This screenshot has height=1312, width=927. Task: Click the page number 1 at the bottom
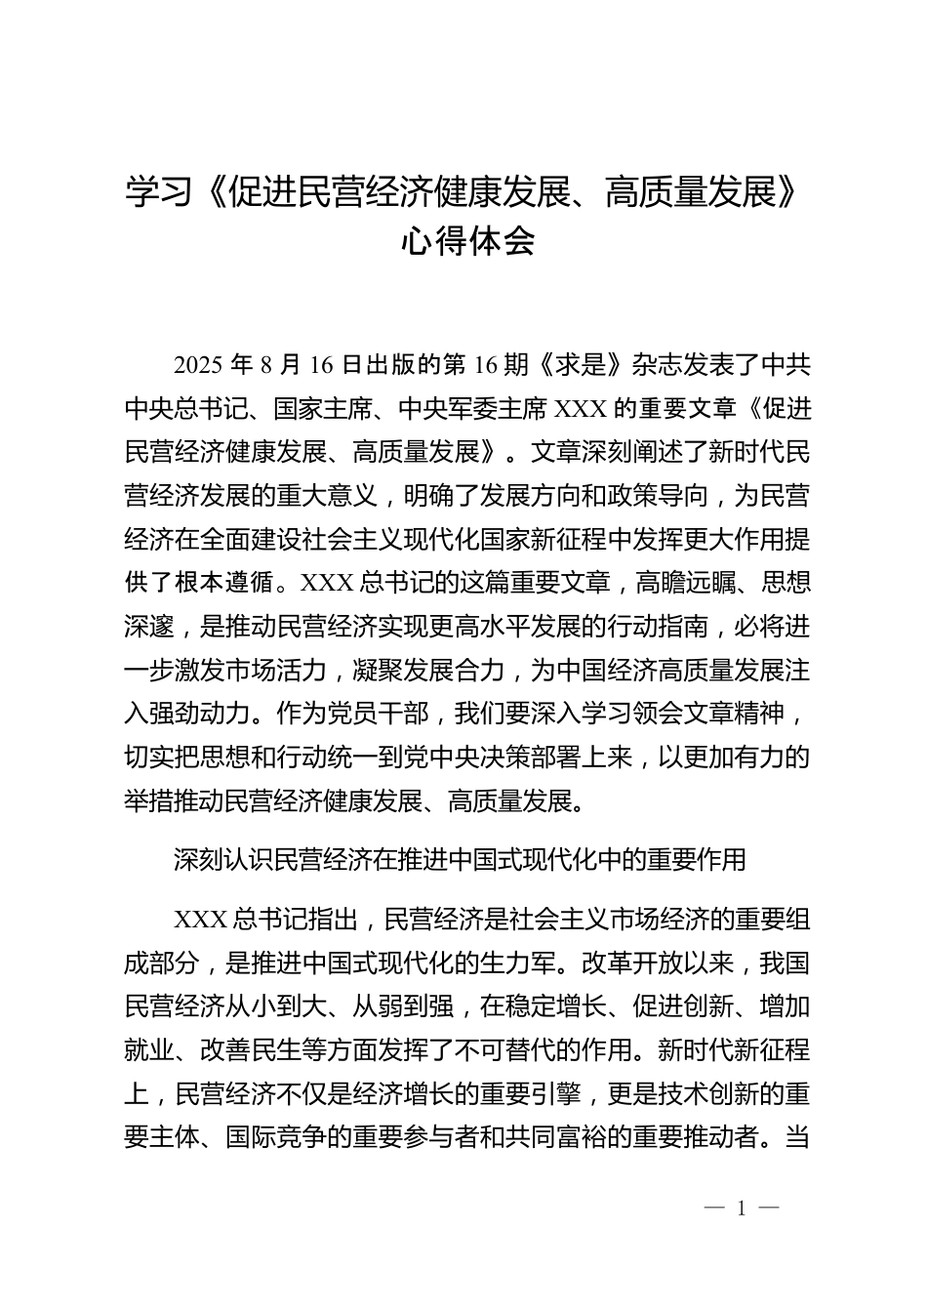[x=742, y=1209]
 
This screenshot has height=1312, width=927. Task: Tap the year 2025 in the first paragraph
[x=199, y=365]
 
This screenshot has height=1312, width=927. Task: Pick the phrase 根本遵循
[x=224, y=584]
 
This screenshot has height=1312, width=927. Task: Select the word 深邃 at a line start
[x=148, y=628]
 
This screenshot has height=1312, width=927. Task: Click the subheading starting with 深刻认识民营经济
[x=460, y=859]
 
